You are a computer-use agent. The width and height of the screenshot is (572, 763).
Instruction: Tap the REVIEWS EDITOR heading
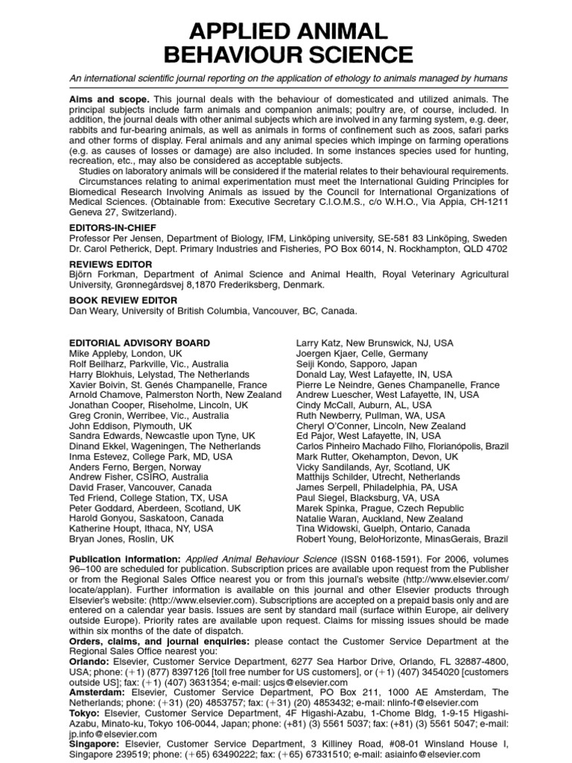pyautogui.click(x=110, y=264)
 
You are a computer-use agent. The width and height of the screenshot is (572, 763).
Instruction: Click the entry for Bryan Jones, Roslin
pyautogui.click(x=121, y=538)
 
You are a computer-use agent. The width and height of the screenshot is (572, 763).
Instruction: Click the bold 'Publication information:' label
pyautogui.click(x=124, y=558)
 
